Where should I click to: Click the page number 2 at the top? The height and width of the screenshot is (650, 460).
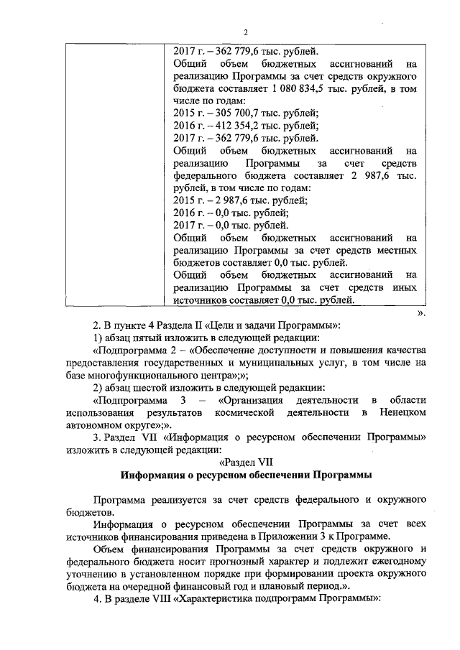pos(244,32)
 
